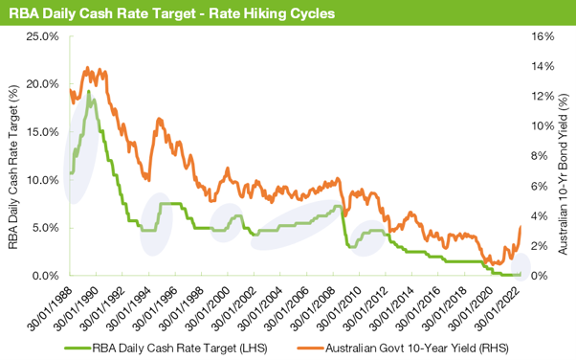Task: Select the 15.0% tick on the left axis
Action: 43,132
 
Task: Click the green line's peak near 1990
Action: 89,93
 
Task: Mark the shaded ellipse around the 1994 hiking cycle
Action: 156,223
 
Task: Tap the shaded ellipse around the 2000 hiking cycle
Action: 228,222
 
